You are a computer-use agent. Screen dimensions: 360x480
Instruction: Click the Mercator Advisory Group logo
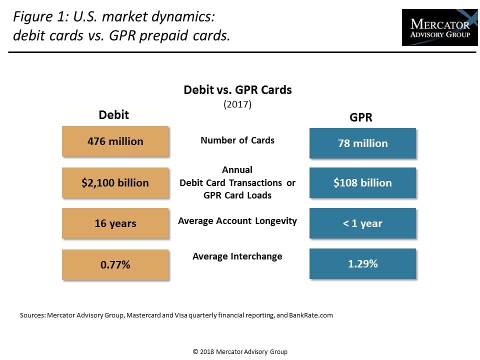439,27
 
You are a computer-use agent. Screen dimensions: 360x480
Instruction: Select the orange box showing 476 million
115,141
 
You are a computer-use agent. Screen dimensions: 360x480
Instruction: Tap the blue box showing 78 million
362,143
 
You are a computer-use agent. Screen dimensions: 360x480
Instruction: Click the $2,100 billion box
115,182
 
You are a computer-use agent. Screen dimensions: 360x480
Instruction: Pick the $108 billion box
362,182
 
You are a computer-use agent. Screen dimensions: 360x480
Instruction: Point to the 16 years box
115,223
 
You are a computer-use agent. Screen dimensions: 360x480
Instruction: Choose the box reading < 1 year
362,223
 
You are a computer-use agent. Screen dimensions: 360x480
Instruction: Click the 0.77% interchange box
115,264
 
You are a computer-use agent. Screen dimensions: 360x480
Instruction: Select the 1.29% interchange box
362,263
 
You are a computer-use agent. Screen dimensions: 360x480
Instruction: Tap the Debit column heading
113,115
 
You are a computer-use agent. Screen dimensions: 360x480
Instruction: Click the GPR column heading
360,117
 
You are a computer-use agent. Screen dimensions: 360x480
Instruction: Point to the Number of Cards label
237,140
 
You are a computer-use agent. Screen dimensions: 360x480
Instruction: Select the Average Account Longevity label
237,220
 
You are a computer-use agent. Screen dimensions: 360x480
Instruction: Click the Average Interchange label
237,256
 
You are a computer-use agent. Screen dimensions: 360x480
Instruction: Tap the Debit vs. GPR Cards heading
237,90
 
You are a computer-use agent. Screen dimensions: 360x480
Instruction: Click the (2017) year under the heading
237,104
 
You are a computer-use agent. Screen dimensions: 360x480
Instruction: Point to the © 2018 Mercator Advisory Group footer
240,351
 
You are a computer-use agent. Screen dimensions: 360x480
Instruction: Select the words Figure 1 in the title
35,17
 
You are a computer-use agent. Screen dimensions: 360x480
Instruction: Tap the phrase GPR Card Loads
237,195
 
